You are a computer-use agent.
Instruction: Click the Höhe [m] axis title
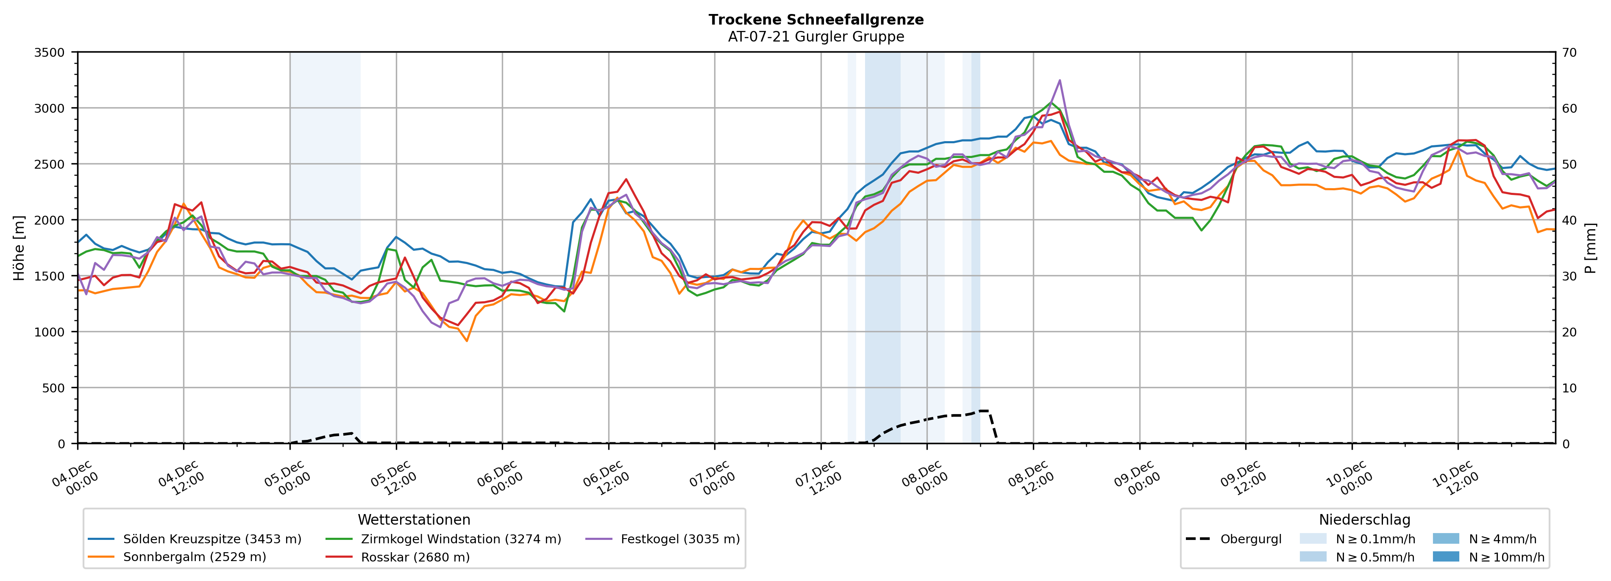(x=19, y=247)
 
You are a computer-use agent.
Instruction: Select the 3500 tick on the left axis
(x=50, y=53)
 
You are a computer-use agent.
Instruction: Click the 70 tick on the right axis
(x=1569, y=53)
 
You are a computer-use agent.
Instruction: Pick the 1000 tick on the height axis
(x=50, y=332)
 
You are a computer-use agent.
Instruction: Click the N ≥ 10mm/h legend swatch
(x=1445, y=556)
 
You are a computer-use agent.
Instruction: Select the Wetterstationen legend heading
(x=414, y=520)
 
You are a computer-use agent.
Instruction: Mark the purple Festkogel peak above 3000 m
(x=1060, y=80)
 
